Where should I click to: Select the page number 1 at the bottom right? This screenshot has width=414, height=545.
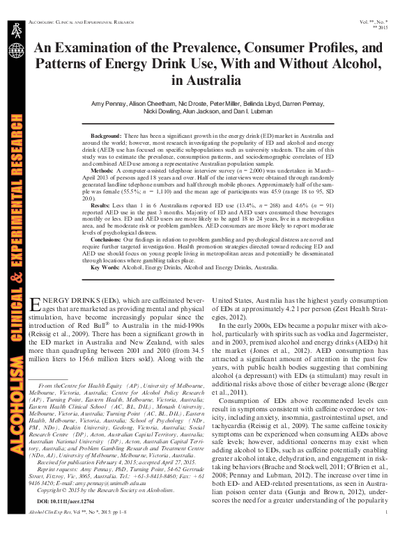point(385,532)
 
